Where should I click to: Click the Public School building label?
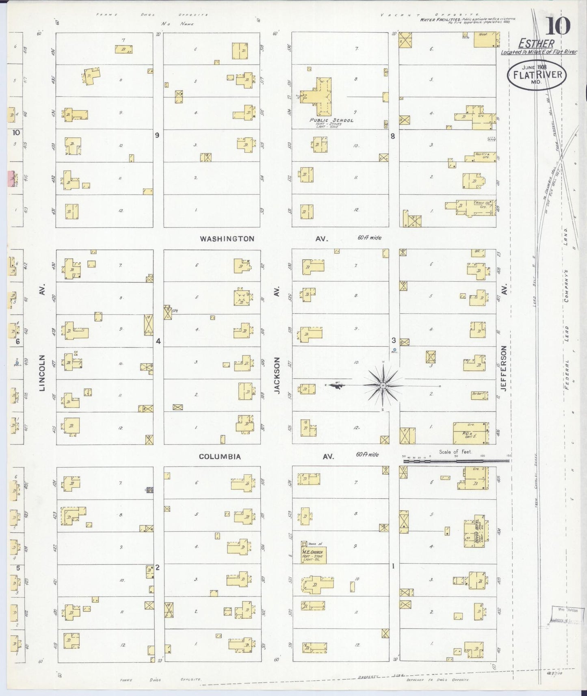pyautogui.click(x=331, y=120)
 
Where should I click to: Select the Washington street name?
pyautogui.click(x=227, y=239)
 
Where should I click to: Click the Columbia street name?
pyautogui.click(x=220, y=456)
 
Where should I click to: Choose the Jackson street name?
pyautogui.click(x=277, y=375)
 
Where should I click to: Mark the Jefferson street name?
pyautogui.click(x=504, y=368)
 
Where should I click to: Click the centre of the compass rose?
pyautogui.click(x=383, y=385)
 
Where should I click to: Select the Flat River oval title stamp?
pyautogui.click(x=537, y=75)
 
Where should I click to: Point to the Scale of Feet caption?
pyautogui.click(x=455, y=452)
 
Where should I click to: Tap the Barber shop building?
pyautogui.click(x=479, y=395)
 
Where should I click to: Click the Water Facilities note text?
pyautogui.click(x=467, y=20)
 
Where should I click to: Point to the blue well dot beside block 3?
pyautogui.click(x=394, y=350)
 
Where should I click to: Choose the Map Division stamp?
pyautogui.click(x=567, y=614)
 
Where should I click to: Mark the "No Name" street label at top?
pyautogui.click(x=177, y=24)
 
